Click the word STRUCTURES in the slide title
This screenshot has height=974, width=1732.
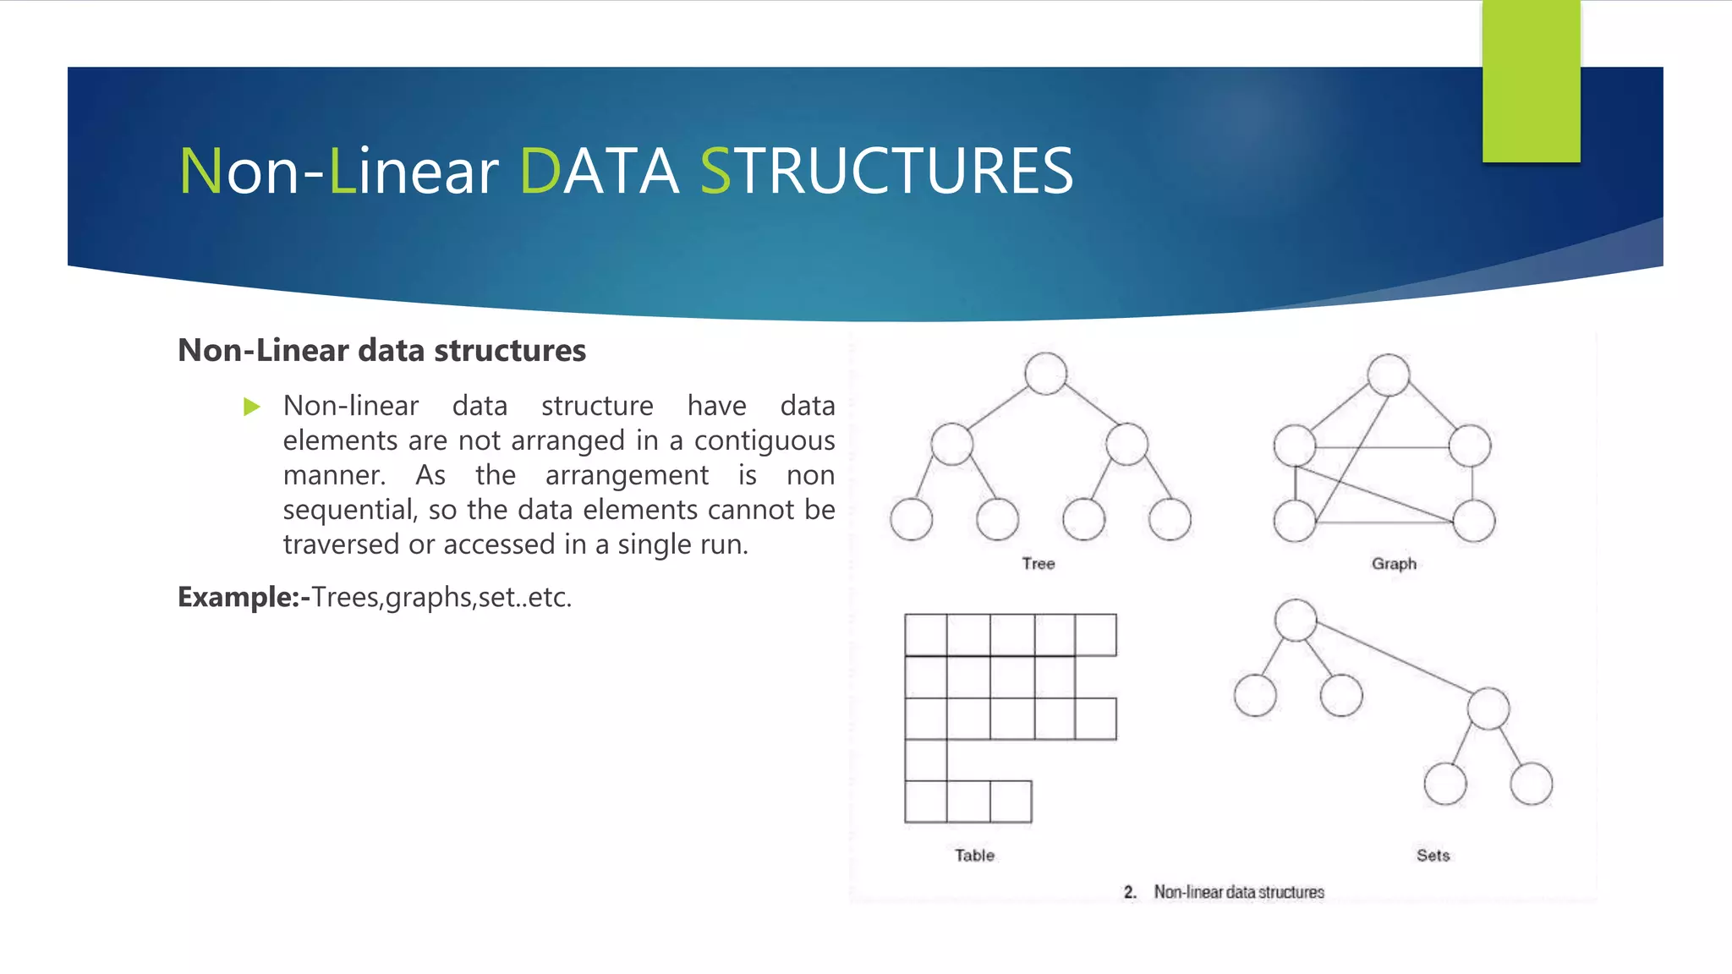click(886, 171)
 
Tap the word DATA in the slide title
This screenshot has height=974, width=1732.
click(599, 171)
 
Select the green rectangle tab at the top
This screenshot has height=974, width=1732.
click(1531, 81)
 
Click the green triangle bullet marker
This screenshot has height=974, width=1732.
click(251, 407)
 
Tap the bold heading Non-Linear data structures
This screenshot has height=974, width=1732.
click(381, 350)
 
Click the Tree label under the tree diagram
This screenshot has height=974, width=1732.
click(1038, 563)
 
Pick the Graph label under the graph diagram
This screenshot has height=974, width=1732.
click(1393, 563)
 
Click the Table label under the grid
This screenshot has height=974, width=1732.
click(974, 855)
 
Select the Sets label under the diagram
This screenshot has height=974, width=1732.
click(1433, 855)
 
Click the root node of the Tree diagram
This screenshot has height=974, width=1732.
click(1045, 374)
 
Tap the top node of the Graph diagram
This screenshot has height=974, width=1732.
click(1388, 375)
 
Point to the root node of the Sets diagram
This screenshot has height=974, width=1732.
click(1296, 620)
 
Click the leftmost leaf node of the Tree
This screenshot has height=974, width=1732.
click(911, 519)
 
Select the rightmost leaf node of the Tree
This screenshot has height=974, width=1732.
click(1170, 519)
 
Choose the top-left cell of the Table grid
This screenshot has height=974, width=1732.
click(926, 635)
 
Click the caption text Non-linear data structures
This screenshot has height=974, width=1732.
click(1238, 892)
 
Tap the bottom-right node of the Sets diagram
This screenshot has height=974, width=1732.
click(1531, 784)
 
